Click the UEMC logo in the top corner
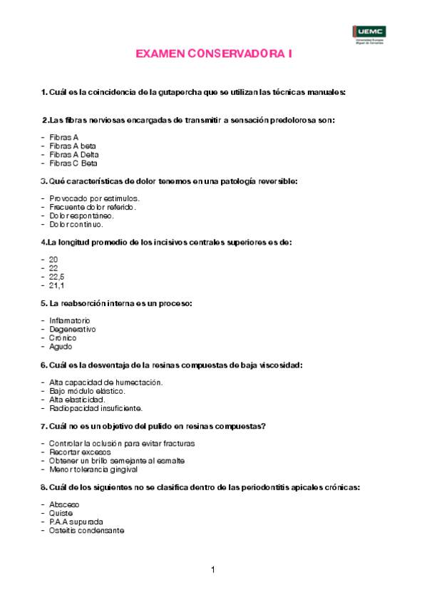click(369, 32)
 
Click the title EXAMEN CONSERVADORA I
click(214, 54)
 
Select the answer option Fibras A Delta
click(74, 154)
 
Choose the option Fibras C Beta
click(73, 163)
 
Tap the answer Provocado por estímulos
click(94, 198)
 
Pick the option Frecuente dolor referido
click(93, 206)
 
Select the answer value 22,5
click(57, 276)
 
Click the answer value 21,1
click(57, 285)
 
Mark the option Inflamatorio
click(70, 320)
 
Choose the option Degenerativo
click(73, 329)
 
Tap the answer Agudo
click(61, 347)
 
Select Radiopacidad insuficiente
click(96, 409)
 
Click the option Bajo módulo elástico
click(88, 391)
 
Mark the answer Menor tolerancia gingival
click(93, 469)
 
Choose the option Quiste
click(61, 513)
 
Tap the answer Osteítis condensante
click(86, 531)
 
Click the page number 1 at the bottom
click(213, 569)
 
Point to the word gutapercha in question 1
click(187, 92)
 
